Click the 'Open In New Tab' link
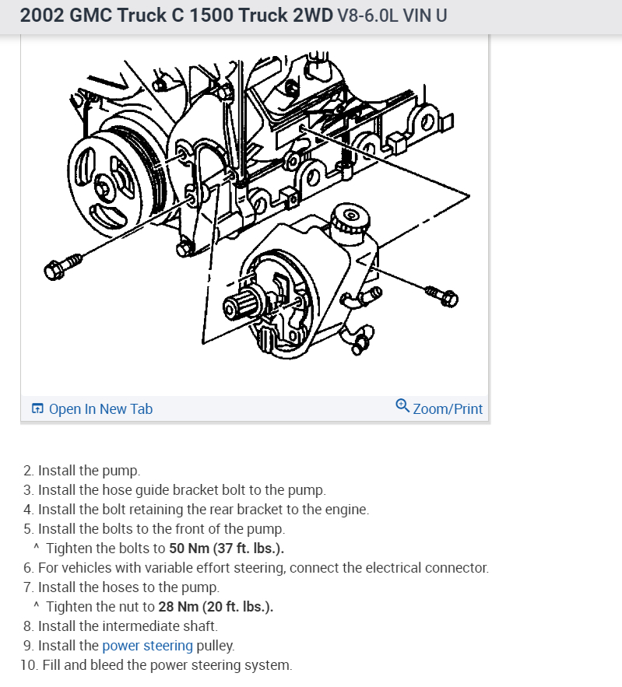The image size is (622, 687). click(x=100, y=408)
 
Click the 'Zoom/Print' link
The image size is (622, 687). click(x=447, y=408)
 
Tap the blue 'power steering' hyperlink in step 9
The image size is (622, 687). click(x=147, y=645)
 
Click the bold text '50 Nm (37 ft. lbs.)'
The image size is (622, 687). click(x=227, y=548)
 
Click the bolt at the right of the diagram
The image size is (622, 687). click(x=441, y=296)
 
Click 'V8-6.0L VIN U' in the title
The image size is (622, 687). click(x=392, y=16)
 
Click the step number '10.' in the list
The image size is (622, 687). click(x=27, y=665)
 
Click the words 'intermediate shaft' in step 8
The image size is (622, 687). click(x=166, y=626)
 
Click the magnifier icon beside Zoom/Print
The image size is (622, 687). click(x=402, y=406)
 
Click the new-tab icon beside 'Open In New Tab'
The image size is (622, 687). click(x=37, y=408)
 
